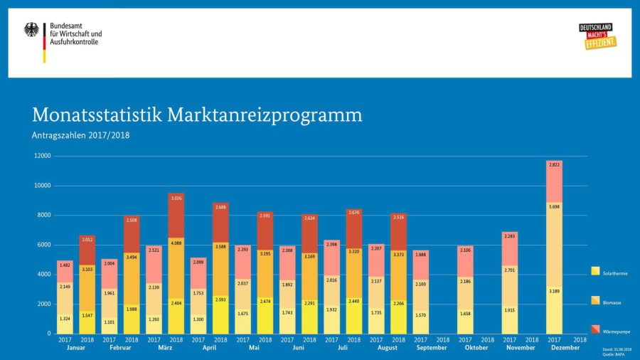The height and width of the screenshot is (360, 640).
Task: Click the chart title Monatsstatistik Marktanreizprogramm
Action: [x=197, y=115]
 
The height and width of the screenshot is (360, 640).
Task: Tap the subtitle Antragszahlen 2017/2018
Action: [x=81, y=134]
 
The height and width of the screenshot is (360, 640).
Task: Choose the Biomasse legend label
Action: [x=612, y=302]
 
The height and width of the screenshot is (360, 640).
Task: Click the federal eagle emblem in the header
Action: [x=32, y=30]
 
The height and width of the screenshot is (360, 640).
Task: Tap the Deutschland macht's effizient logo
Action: [x=597, y=36]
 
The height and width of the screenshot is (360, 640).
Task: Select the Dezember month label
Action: [x=566, y=348]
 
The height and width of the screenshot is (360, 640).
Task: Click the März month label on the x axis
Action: [x=165, y=348]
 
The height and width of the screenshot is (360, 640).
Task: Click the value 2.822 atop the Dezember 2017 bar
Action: [x=555, y=164]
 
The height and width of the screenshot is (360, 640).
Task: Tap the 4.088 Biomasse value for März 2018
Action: [x=176, y=243]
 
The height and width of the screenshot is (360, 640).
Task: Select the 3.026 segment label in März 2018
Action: [x=176, y=198]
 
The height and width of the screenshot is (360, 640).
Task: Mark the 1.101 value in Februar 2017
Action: [x=110, y=322]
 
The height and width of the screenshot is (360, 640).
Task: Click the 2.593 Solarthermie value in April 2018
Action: [x=220, y=309]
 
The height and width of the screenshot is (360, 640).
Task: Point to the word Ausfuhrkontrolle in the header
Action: [x=74, y=42]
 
